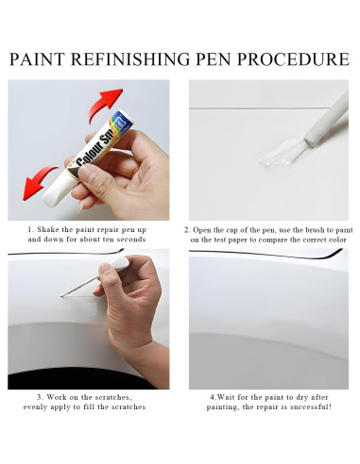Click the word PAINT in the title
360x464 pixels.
click(x=38, y=59)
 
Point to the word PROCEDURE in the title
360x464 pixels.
click(x=301, y=59)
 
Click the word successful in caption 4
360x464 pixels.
click(x=307, y=406)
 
